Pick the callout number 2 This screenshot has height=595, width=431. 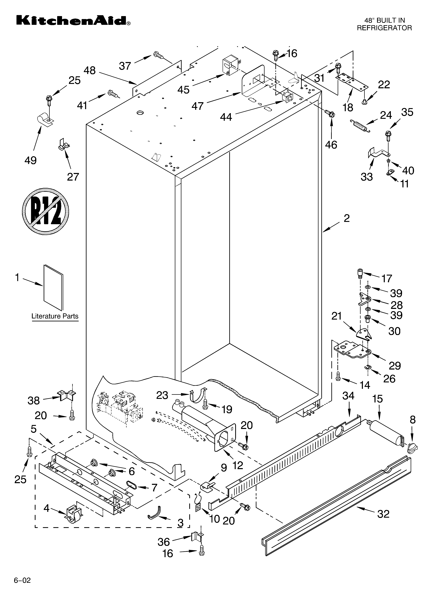tap(346, 218)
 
